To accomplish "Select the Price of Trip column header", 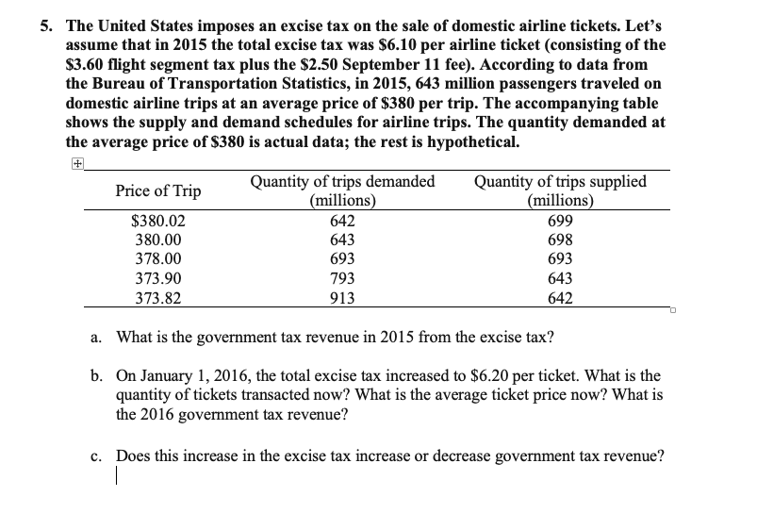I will (158, 190).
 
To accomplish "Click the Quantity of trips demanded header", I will (343, 190).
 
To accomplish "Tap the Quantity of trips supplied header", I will (562, 190).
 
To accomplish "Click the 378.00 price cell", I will (158, 257).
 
